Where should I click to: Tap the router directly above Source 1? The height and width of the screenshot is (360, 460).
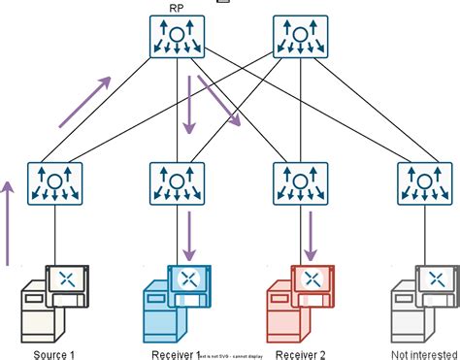coord(54,181)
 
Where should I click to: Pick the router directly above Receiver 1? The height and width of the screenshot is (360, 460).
coord(176,181)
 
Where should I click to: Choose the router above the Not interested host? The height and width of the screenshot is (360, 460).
coord(423,181)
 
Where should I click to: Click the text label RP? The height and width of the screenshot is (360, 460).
coord(176,9)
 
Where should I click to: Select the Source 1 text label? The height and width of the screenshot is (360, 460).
coord(54,352)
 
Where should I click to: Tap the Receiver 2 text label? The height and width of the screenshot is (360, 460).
coord(298,352)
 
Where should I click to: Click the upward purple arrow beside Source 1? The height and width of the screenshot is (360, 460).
coord(9,221)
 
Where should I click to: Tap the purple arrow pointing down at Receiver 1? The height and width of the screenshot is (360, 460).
coord(190,232)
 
